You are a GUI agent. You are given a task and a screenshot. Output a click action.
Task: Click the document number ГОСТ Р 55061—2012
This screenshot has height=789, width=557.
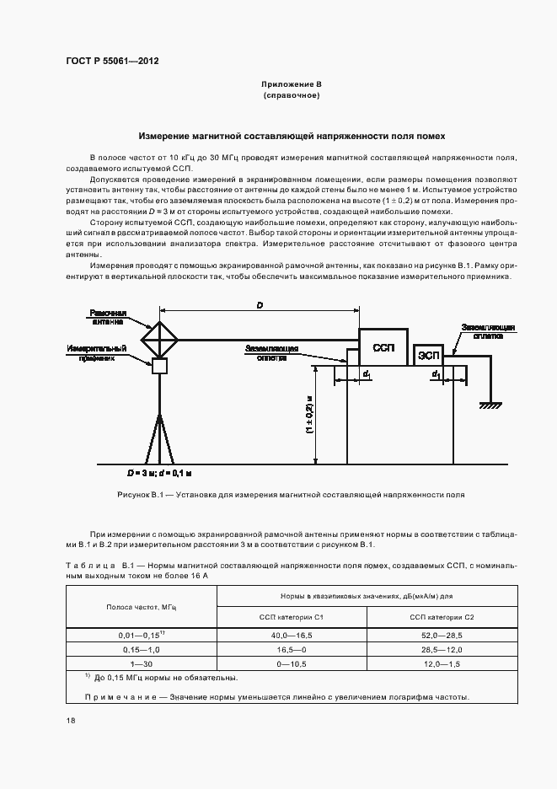pos(112,61)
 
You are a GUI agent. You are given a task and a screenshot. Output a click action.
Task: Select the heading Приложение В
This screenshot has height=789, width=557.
pos(291,85)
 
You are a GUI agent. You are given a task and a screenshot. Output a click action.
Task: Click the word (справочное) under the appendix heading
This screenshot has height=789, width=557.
pos(291,96)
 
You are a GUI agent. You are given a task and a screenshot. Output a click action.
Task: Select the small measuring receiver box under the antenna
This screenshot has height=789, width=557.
pos(159,367)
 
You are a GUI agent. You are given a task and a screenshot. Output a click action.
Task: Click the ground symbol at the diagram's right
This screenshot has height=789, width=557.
pos(488,406)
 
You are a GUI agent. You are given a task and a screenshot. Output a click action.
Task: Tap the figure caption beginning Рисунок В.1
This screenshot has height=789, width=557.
pos(291,496)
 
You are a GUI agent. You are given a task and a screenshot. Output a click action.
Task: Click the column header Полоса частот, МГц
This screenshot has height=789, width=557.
pos(141,607)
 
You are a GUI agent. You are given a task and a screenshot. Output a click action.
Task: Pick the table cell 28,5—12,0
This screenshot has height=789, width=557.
pos(442,650)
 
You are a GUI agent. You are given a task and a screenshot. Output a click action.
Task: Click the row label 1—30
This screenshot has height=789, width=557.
pos(141,664)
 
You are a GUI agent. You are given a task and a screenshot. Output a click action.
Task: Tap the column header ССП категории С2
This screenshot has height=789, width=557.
pos(442,618)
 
